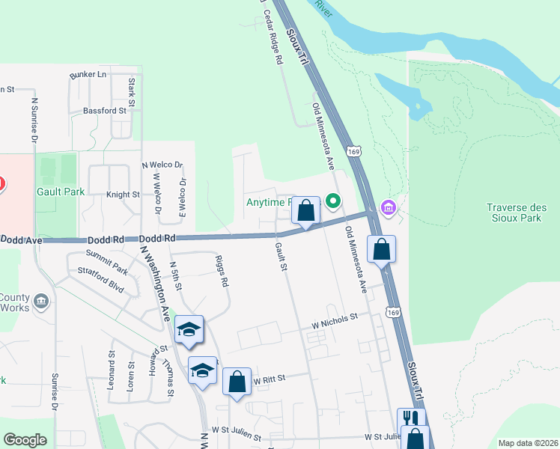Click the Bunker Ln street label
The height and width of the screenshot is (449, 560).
[x=88, y=75]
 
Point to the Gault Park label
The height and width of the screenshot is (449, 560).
[x=61, y=192]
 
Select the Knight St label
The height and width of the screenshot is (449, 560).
[x=123, y=195]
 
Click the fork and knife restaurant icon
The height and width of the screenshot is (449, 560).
[x=411, y=418]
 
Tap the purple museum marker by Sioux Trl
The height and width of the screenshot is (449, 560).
[x=388, y=206]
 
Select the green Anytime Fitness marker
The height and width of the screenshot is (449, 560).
[x=332, y=201]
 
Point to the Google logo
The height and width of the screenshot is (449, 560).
[x=25, y=440]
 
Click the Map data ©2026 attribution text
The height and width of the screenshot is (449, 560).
[x=528, y=443]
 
